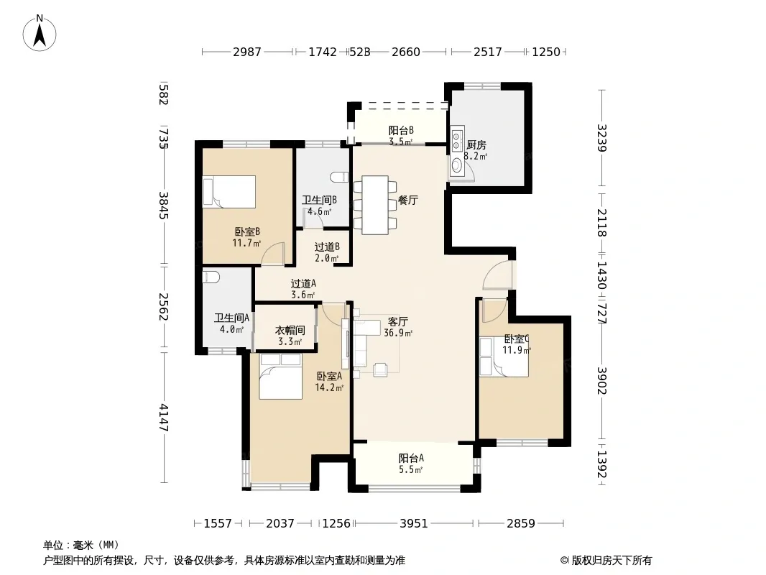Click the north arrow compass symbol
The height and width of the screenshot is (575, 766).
(x=40, y=33)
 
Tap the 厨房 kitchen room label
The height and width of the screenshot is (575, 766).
(x=476, y=145)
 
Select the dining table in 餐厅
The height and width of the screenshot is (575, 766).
(x=375, y=205)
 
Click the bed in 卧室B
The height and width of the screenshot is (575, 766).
(x=229, y=191)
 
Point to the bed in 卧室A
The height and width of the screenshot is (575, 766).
(x=280, y=377)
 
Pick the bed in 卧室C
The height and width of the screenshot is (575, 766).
(x=504, y=356)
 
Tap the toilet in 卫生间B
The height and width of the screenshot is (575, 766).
(x=339, y=177)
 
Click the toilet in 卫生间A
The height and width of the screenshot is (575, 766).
(x=211, y=277)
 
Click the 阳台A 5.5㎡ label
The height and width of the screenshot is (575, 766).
(x=411, y=464)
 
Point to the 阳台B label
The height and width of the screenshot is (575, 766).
(x=401, y=130)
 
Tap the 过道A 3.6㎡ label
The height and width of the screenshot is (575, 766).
(x=303, y=289)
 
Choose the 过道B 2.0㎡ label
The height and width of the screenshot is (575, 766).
(x=327, y=252)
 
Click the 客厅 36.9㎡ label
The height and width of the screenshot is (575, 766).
(x=397, y=327)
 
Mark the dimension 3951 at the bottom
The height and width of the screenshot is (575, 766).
(x=414, y=523)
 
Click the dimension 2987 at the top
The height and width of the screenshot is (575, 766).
(x=247, y=52)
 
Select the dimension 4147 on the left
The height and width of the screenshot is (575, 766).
(x=164, y=417)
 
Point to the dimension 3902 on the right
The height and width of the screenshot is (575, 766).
(x=602, y=381)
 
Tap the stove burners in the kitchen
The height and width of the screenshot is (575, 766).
(x=457, y=138)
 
